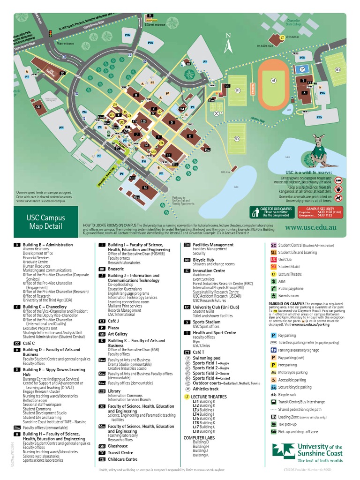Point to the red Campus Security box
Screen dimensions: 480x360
[x=320, y=212]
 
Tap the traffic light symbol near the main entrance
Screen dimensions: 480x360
[x=50, y=33]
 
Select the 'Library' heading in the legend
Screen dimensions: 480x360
[x=114, y=390]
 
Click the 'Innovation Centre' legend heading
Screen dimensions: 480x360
[x=209, y=270]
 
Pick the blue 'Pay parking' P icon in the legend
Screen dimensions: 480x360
[x=274, y=336]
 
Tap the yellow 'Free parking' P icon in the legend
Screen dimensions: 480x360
[x=274, y=365]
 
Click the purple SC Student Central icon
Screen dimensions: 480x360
[x=274, y=245]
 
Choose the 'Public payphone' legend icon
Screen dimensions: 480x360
[x=274, y=289]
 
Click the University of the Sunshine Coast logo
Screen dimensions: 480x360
[x=307, y=451]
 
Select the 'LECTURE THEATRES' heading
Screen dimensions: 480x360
[x=205, y=397]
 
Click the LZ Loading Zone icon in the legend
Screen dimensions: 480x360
[x=274, y=416]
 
